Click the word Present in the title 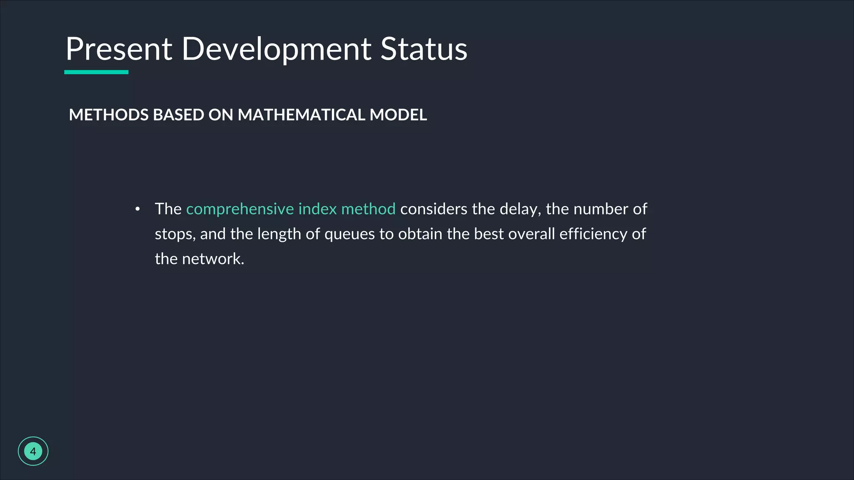pos(119,49)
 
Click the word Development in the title pos(276,49)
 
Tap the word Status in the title pos(424,49)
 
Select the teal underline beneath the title pos(96,72)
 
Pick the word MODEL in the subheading pos(398,115)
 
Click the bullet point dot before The pos(138,209)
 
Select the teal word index pos(317,209)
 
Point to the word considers pos(434,209)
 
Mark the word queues pos(349,234)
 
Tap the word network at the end pos(213,259)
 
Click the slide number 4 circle pos(33,451)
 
